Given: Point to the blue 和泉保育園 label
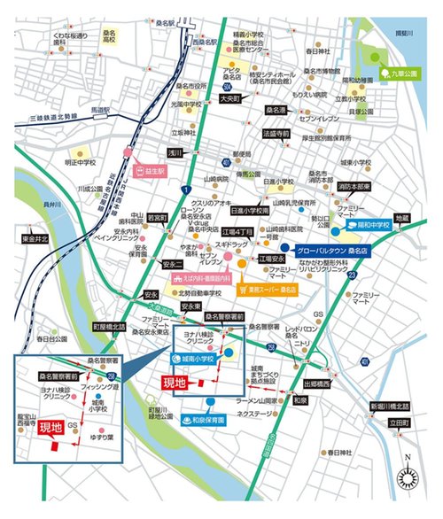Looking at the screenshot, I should click(207, 396).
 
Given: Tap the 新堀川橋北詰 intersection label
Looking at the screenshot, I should click(387, 405).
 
